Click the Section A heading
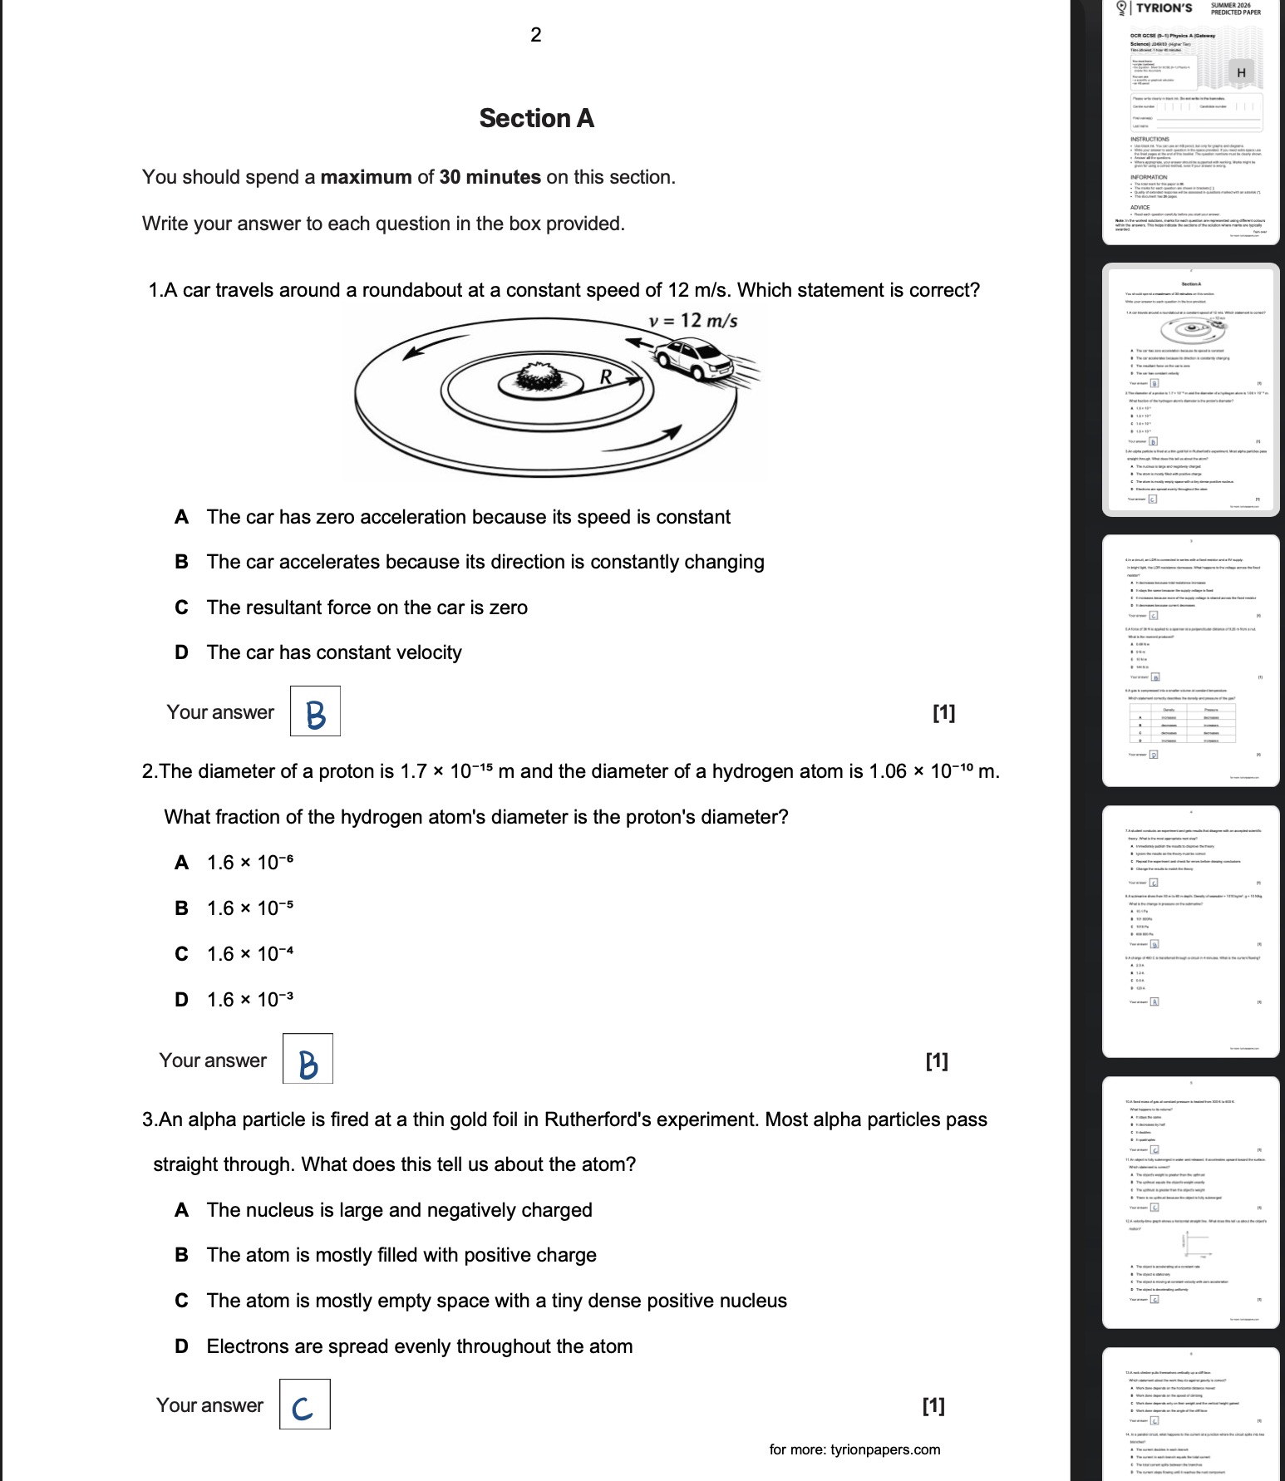pyautogui.click(x=536, y=119)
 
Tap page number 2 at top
pyautogui.click(x=535, y=35)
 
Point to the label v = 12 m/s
pyautogui.click(x=692, y=321)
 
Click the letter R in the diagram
pyautogui.click(x=606, y=378)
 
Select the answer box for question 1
pyautogui.click(x=315, y=711)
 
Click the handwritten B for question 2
pyautogui.click(x=308, y=1063)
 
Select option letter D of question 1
pyautogui.click(x=181, y=653)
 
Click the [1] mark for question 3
pyautogui.click(x=933, y=1405)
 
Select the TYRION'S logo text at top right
pyautogui.click(x=1164, y=8)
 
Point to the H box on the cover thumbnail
pyautogui.click(x=1241, y=73)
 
